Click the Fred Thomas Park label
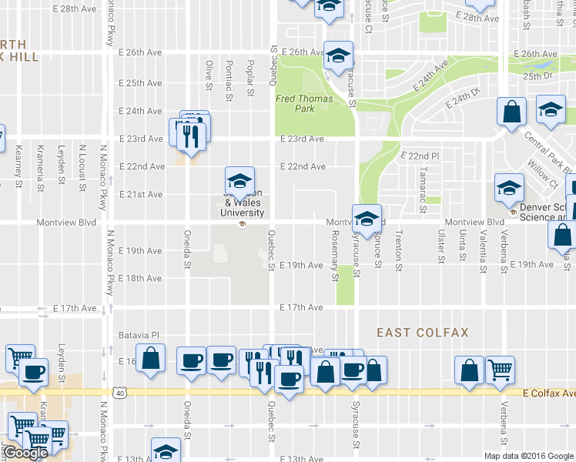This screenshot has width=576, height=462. (x=304, y=103)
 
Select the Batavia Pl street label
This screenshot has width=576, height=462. (x=139, y=336)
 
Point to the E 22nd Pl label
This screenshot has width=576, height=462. (x=420, y=156)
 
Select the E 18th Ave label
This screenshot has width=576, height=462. (x=142, y=278)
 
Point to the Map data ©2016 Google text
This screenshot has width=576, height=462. (x=528, y=456)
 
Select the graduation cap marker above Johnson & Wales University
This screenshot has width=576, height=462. (x=239, y=182)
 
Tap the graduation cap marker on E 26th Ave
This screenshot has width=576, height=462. (x=338, y=55)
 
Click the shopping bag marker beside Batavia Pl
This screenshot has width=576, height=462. (x=152, y=359)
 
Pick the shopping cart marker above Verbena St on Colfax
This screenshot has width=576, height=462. (x=501, y=370)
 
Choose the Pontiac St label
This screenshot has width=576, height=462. (x=229, y=79)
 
